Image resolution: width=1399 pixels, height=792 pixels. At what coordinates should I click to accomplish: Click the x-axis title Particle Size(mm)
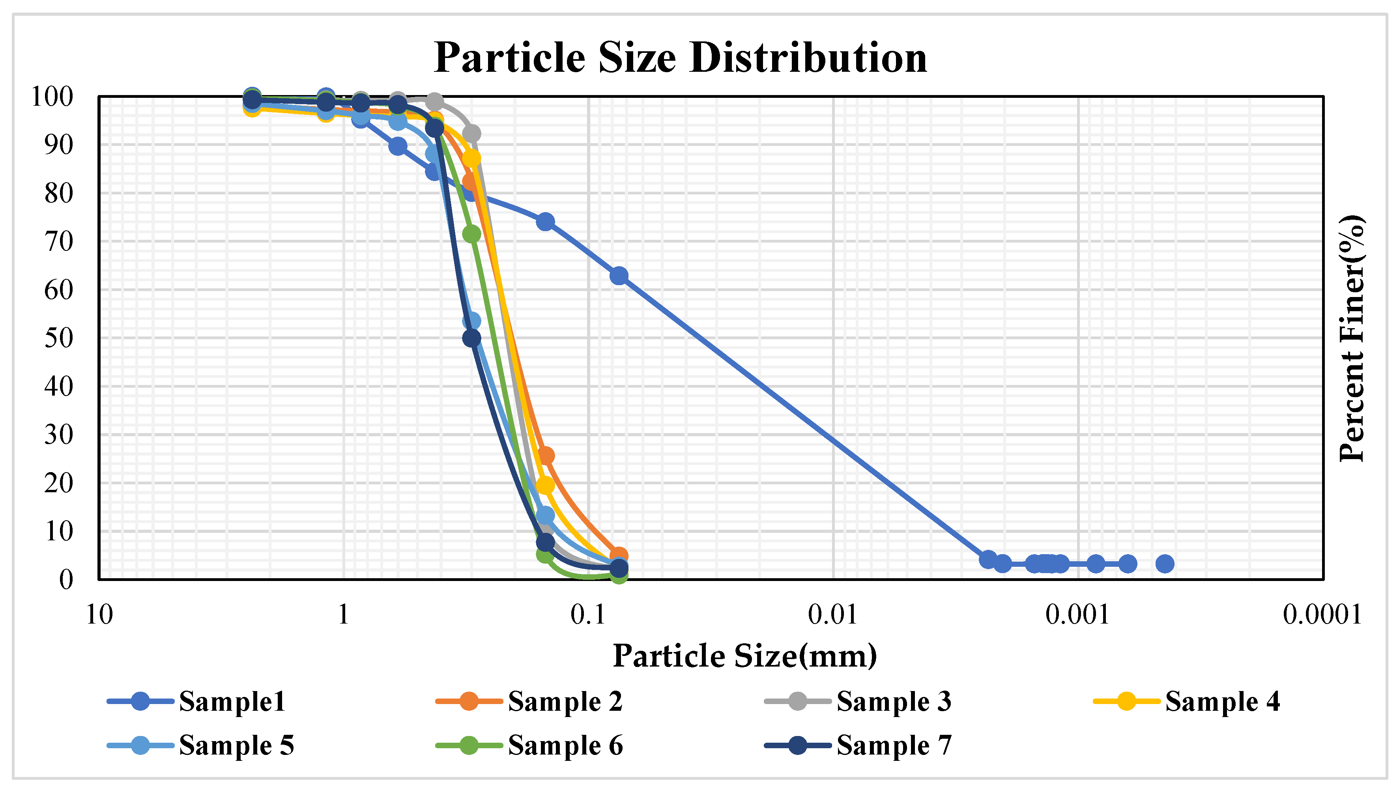tap(744, 656)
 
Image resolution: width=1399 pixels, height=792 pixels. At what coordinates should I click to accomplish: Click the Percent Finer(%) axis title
tap(1351, 338)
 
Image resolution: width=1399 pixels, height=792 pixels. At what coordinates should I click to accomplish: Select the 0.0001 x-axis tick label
tap(1322, 615)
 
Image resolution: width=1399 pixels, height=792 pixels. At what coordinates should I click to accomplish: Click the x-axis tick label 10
tap(99, 615)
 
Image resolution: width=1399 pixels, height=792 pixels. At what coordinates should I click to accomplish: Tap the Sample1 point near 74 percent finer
tap(545, 222)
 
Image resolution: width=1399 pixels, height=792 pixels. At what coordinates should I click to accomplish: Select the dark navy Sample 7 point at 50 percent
tap(471, 338)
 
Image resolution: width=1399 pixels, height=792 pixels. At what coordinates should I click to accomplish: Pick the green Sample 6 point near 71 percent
tap(471, 234)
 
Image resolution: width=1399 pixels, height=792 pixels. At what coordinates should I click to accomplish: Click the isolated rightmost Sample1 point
tap(1165, 564)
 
